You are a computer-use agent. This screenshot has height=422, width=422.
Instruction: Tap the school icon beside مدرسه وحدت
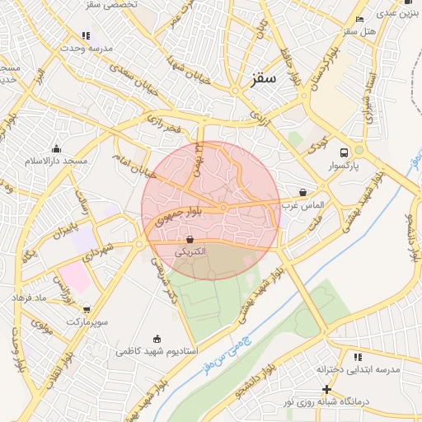coord(86,35)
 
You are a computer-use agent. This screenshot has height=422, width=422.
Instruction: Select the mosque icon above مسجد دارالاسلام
coord(56,148)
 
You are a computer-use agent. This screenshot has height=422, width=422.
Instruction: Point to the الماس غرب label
coord(303,204)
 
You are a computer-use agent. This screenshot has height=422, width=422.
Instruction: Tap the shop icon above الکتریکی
coord(190,239)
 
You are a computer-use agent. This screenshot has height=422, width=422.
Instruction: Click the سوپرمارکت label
coord(85,319)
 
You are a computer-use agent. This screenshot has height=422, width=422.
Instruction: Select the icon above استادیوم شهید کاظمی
coord(157,339)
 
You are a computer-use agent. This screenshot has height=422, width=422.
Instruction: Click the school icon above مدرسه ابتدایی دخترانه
coord(358,357)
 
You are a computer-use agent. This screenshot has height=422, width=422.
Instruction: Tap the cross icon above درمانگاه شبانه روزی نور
coord(327,389)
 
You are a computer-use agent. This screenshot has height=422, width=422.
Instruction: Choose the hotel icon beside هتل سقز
coord(359,19)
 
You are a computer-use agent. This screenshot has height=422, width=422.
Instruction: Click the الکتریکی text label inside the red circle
coord(190,251)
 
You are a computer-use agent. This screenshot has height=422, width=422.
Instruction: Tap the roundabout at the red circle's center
coord(223,208)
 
